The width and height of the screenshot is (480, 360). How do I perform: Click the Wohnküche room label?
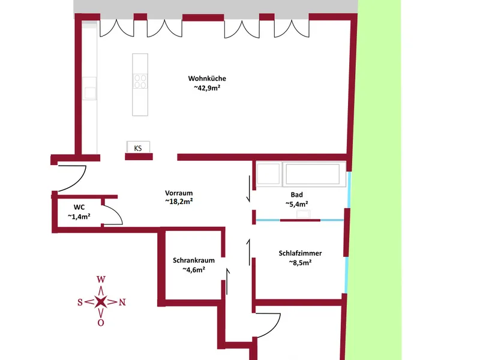click(x=207, y=79)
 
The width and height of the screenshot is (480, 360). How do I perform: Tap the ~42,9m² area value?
click(x=207, y=88)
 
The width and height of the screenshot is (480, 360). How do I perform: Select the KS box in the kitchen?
click(x=138, y=147)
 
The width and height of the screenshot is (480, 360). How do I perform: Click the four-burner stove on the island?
click(x=140, y=82)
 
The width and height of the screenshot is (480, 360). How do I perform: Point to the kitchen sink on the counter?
click(x=89, y=88)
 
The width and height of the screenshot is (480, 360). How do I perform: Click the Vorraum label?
click(x=179, y=193)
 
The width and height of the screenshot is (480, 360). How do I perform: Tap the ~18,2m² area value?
click(x=179, y=202)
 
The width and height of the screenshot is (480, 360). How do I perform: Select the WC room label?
click(x=79, y=207)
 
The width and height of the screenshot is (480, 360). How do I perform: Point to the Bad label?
click(x=296, y=194)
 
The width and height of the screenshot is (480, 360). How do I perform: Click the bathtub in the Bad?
click(x=314, y=174)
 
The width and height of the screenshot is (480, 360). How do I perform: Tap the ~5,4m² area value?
click(x=296, y=204)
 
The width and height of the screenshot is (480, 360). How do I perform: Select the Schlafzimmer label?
click(x=300, y=253)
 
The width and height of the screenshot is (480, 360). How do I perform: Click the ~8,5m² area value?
click(x=300, y=262)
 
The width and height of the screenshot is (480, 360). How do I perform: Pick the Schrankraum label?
click(x=193, y=260)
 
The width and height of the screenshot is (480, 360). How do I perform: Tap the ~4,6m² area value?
click(x=193, y=269)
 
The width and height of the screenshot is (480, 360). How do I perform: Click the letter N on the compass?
click(x=122, y=302)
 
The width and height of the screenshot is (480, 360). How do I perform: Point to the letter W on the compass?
click(x=101, y=279)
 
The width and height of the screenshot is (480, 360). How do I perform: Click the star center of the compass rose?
click(x=101, y=302)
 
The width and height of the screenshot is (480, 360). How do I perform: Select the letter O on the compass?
click(x=101, y=323)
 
